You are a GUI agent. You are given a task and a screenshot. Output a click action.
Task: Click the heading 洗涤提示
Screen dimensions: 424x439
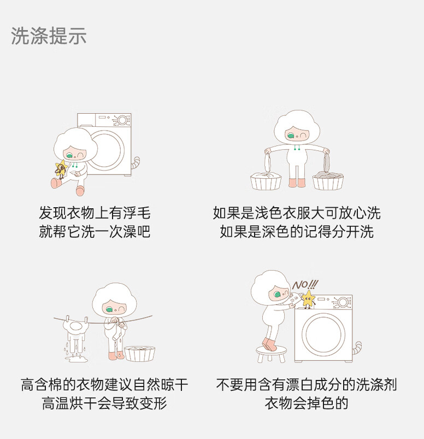pos(49,36)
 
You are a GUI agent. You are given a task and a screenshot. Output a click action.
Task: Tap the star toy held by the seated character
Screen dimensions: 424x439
pos(61,168)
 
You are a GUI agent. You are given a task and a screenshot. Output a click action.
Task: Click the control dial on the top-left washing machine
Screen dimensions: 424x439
pos(122,120)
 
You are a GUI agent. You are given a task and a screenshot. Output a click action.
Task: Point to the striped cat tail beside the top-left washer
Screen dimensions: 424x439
pos(136,163)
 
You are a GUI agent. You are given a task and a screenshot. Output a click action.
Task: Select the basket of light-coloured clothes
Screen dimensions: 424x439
pos(266,181)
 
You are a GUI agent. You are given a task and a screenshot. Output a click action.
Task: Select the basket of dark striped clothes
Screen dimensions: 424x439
pos(328,181)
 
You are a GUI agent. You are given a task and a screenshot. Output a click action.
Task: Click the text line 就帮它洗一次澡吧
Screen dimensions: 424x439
pos(95,232)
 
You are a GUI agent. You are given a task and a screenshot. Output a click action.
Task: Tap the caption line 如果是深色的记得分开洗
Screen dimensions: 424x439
pos(297,232)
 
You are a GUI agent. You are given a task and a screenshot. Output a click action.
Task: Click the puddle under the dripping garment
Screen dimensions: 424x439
pos(75,359)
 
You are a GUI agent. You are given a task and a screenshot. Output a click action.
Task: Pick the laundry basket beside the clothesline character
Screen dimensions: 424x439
pos(140,354)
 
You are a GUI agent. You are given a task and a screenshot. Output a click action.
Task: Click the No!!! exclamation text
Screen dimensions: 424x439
pos(305,285)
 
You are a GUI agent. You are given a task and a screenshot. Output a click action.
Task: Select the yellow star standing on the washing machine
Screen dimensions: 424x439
pos(308,299)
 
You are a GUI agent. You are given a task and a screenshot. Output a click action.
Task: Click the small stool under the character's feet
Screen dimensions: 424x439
pos(271,354)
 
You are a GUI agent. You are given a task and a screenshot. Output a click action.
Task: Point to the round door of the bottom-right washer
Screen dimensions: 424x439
pos(323,333)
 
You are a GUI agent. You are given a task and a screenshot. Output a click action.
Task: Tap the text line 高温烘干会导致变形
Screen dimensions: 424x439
pos(104,403)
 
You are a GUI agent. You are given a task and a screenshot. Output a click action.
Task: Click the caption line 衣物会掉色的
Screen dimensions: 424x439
pos(307,403)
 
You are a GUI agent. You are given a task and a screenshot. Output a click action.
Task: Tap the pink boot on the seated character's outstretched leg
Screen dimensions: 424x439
pos(56,183)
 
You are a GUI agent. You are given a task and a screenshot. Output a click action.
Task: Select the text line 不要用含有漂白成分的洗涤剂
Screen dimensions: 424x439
pos(307,384)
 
